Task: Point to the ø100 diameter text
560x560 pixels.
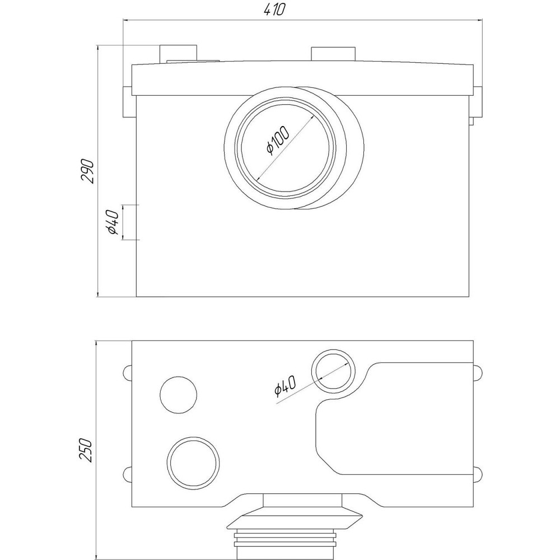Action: [x=277, y=140]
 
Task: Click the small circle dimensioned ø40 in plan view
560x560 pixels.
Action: [x=333, y=372]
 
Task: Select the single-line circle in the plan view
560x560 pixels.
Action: [x=179, y=394]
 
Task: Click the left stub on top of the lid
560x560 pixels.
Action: [x=179, y=54]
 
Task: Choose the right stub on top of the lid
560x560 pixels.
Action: [x=333, y=54]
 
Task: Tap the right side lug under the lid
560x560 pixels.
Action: [x=477, y=103]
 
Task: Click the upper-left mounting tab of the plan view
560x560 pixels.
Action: [x=127, y=372]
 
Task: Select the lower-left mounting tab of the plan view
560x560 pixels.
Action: [x=127, y=474]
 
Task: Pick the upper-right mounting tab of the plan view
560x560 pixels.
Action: [x=477, y=372]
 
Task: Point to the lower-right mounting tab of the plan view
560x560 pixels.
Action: [x=477, y=474]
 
